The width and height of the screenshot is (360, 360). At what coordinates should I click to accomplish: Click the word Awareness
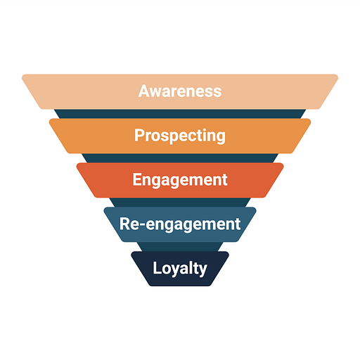(x=180, y=91)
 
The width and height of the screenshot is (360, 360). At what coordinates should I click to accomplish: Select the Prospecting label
(x=180, y=136)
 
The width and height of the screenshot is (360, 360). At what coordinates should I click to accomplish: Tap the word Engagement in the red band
(x=180, y=180)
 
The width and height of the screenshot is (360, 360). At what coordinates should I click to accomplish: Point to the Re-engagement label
(x=180, y=224)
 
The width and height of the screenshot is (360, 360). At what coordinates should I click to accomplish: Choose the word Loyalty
(x=180, y=269)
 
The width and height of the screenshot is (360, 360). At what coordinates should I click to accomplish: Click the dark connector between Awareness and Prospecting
(x=180, y=114)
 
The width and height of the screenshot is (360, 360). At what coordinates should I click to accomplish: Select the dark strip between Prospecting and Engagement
(x=180, y=158)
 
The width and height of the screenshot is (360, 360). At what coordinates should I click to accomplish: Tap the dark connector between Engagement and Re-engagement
(x=180, y=202)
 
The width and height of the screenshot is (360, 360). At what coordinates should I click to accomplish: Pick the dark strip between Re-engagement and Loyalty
(x=180, y=247)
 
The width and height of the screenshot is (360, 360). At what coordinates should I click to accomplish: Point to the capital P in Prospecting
(x=139, y=135)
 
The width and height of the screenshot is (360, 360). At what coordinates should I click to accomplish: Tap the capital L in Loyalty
(x=157, y=268)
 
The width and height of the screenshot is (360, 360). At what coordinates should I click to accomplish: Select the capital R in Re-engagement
(x=124, y=224)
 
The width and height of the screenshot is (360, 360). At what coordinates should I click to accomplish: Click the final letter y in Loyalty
(x=202, y=271)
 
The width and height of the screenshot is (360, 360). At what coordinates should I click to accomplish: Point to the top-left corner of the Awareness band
(x=22, y=75)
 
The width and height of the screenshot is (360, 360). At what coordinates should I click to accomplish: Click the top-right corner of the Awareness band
(x=337, y=75)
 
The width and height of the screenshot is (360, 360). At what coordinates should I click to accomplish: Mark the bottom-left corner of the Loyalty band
(x=150, y=285)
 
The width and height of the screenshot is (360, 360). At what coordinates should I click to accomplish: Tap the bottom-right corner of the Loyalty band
(x=210, y=285)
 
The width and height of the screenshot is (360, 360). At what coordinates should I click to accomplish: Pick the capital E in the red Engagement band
(x=137, y=179)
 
